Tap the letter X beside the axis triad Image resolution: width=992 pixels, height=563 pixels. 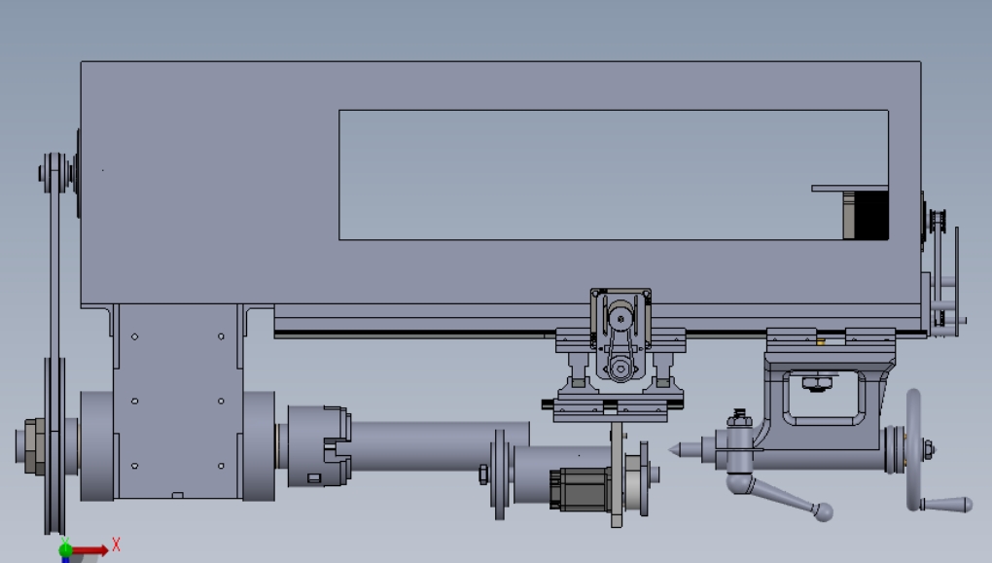[116, 544]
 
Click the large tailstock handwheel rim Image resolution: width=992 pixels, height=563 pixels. [913, 449]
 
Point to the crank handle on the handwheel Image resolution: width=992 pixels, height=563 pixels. [946, 504]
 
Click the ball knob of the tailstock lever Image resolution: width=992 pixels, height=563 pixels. [823, 511]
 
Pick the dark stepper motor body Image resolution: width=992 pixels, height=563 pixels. [581, 489]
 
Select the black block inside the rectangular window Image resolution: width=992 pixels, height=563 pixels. [871, 215]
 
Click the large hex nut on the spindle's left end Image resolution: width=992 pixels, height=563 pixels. [34, 446]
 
